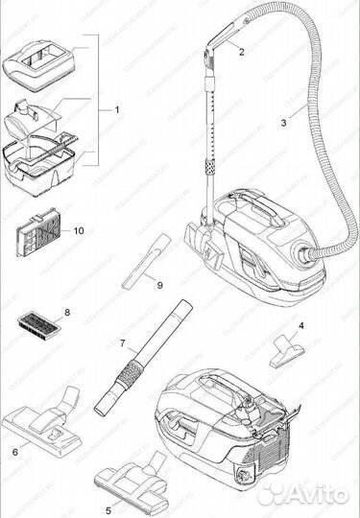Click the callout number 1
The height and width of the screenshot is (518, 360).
pos(117,110)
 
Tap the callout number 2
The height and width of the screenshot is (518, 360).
pos(242,53)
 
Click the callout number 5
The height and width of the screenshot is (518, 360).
pos(108,498)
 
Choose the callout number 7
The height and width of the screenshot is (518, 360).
pos(122,342)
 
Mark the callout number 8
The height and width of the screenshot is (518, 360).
pos(67,313)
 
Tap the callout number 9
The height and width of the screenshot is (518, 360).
pos(160,285)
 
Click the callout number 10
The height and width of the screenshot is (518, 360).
pos(79,230)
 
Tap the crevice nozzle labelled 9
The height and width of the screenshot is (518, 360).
pos(140,266)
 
